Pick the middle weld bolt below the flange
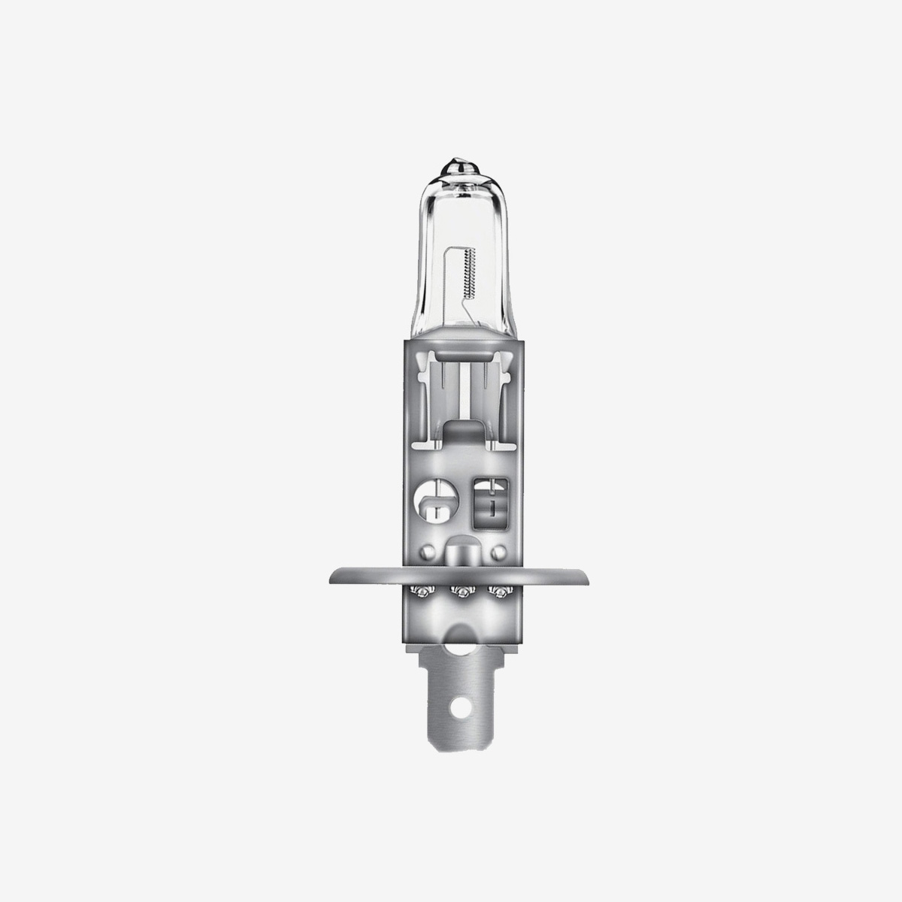pyautogui.click(x=456, y=594)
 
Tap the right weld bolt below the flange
pyautogui.click(x=494, y=594)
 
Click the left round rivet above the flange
pyautogui.click(x=426, y=552)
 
